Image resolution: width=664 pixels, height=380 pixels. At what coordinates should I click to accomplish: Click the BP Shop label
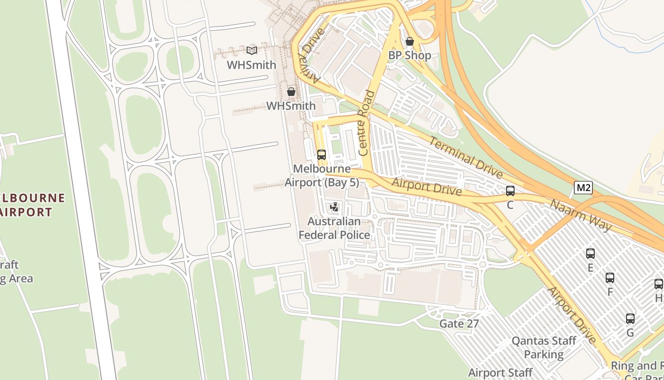click(410, 56)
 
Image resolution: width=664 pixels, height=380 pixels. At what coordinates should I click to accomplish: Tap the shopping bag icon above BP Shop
click(410, 42)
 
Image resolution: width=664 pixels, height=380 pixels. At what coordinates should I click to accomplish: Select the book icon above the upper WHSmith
click(252, 50)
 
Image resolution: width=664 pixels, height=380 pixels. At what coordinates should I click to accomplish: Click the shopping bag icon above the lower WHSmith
click(291, 92)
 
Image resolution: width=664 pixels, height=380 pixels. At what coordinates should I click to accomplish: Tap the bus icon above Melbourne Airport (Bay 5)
click(322, 154)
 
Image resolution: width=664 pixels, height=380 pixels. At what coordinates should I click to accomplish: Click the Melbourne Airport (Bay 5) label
click(322, 176)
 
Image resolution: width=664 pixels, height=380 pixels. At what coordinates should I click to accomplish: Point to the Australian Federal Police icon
click(334, 207)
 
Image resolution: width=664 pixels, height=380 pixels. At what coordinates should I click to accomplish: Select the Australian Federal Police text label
click(334, 228)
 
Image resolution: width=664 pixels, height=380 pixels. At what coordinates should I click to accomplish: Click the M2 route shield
click(583, 188)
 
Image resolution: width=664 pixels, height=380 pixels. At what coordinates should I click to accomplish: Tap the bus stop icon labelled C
click(510, 191)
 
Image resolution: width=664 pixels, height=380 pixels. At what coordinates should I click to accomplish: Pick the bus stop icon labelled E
click(590, 254)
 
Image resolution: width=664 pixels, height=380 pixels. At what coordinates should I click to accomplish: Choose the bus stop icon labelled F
click(610, 278)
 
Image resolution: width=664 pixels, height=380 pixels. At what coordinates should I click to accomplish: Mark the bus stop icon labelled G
click(630, 319)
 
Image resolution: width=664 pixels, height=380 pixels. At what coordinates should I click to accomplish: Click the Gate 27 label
click(459, 324)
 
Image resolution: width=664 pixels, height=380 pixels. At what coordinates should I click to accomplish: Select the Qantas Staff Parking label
click(544, 348)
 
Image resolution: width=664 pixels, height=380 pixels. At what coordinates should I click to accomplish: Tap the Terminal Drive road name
click(466, 157)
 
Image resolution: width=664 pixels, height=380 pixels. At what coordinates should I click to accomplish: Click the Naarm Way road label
click(581, 215)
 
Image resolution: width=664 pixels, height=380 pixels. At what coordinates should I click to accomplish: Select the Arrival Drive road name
click(311, 56)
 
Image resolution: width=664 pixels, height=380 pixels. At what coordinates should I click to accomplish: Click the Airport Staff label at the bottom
click(500, 373)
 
